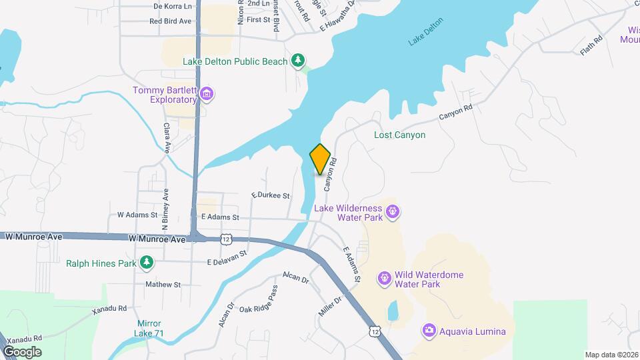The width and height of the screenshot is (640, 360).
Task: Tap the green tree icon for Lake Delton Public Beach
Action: pyautogui.click(x=299, y=61)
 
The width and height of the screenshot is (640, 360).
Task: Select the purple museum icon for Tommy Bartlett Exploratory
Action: pyautogui.click(x=207, y=94)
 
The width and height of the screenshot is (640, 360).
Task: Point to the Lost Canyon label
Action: pyautogui.click(x=399, y=135)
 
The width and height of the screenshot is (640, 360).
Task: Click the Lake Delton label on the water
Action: pyautogui.click(x=425, y=39)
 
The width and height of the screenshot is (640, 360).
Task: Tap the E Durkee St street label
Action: pyautogui.click(x=271, y=196)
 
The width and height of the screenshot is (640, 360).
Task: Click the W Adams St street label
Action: pyautogui.click(x=137, y=215)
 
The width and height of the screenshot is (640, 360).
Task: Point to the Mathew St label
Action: pyautogui.click(x=163, y=284)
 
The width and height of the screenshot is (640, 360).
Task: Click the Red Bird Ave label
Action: pyautogui.click(x=171, y=21)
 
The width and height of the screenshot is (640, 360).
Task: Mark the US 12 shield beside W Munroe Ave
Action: pyautogui.click(x=227, y=239)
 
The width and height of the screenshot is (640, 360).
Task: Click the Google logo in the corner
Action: pyautogui.click(x=22, y=351)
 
